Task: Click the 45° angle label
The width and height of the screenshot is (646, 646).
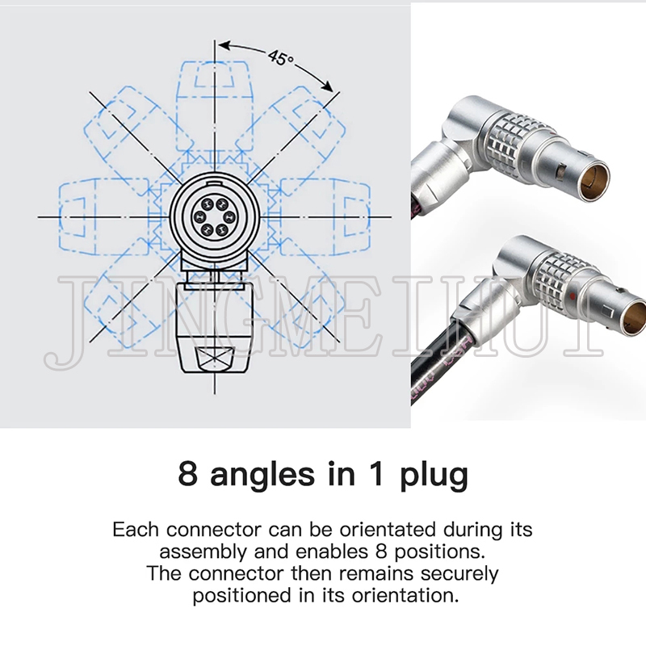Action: click(x=281, y=57)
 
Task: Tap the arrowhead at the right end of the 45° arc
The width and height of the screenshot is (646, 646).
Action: click(x=328, y=86)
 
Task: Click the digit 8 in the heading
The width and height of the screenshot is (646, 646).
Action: click(x=188, y=474)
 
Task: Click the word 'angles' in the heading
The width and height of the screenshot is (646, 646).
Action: click(x=262, y=476)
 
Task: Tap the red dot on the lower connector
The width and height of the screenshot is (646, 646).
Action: click(x=572, y=296)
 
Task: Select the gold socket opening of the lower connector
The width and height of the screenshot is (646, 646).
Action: click(x=636, y=318)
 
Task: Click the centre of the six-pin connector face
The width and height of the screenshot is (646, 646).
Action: click(x=214, y=216)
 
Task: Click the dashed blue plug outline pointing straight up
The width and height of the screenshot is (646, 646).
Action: click(x=214, y=103)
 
